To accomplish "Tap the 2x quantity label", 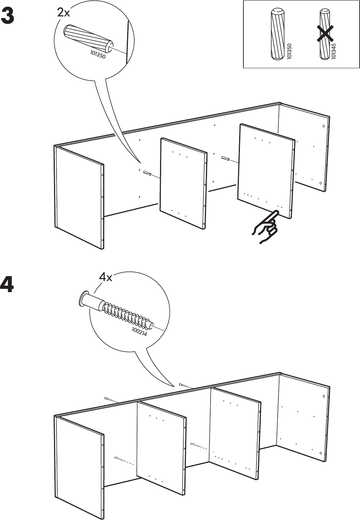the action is click(x=64, y=13).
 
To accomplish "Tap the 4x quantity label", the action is click(x=105, y=277).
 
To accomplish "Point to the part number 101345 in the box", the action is click(x=334, y=51).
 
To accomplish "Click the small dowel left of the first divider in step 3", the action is click(x=147, y=174).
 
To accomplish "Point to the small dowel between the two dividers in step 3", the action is click(x=225, y=158).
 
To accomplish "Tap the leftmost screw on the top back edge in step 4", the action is click(x=110, y=399).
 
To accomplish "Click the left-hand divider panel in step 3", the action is click(x=183, y=182).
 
